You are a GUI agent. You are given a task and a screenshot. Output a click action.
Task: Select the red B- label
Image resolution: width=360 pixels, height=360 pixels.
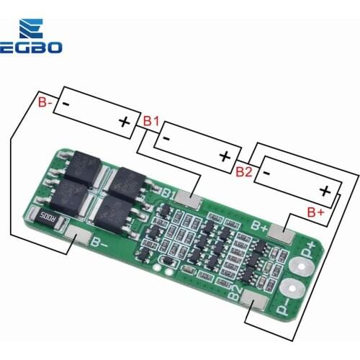(45, 103)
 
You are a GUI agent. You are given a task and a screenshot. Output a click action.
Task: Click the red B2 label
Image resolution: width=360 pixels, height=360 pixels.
(244, 171)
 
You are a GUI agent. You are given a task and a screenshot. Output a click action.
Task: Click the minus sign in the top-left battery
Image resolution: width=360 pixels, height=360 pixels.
(65, 104)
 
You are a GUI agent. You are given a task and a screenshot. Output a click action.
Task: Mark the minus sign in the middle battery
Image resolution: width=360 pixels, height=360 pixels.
(166, 135)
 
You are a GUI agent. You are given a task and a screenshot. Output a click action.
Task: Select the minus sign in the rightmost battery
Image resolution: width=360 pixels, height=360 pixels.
(266, 173)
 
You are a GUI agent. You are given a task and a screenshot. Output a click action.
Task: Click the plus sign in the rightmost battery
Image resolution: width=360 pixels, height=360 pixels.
(325, 191)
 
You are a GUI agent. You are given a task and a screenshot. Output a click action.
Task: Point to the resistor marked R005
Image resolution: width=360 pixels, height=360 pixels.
(48, 215)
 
